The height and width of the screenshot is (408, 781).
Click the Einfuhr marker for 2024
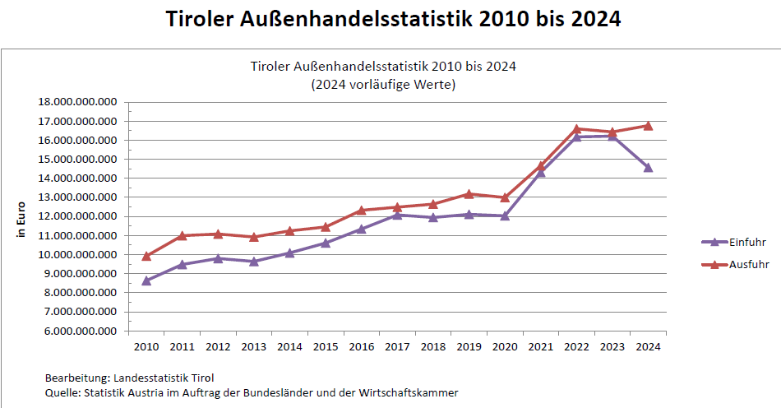[x=648, y=167]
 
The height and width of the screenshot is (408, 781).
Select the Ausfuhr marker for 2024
[x=648, y=126]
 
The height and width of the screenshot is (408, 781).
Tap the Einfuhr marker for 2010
[x=146, y=280]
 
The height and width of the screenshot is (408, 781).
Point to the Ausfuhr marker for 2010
[x=146, y=256]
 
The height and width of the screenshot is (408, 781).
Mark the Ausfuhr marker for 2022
[x=576, y=129]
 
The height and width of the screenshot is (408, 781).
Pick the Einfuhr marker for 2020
[x=505, y=216]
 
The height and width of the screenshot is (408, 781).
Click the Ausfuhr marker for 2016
[x=361, y=210]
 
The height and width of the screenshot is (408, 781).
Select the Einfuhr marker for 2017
[x=397, y=215]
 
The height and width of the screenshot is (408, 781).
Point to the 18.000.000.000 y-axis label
[x=79, y=102]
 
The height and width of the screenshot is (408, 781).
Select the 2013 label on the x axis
[x=254, y=346]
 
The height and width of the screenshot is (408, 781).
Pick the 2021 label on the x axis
[x=540, y=346]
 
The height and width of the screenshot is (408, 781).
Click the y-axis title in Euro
[x=22, y=220]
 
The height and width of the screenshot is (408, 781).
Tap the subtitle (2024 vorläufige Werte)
[x=383, y=83]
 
